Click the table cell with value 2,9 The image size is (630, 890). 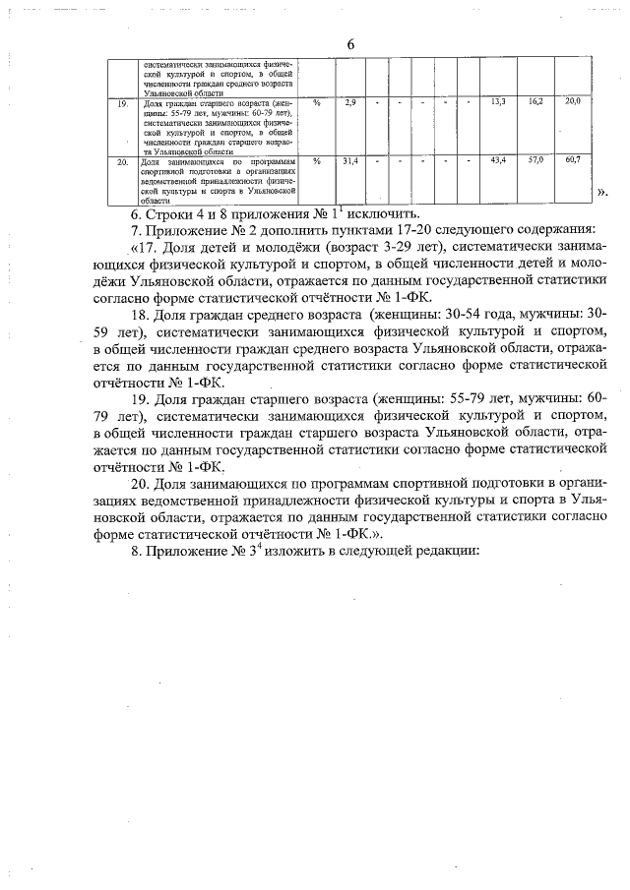point(350,102)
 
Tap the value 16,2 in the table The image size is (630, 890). point(535,102)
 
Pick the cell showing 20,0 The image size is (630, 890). point(573,102)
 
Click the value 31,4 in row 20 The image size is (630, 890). point(350,159)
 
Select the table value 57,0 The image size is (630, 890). point(535,159)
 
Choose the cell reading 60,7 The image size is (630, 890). point(573,159)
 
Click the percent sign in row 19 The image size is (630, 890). point(316,102)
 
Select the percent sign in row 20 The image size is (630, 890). point(316,159)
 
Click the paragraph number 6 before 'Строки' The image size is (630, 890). point(135,214)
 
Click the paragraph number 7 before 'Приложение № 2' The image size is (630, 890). point(135,232)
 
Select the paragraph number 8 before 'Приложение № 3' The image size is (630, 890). point(135,551)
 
